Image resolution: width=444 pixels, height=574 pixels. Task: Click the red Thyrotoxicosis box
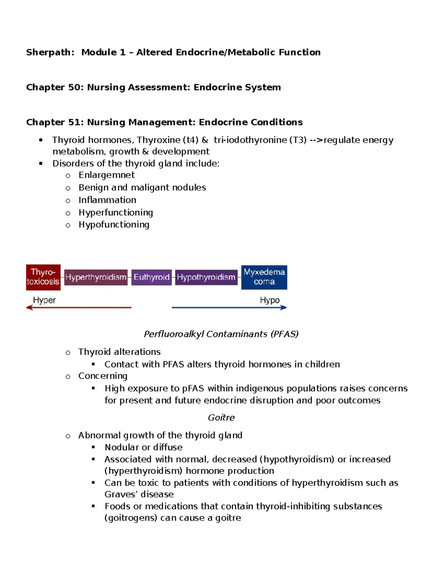[x=43, y=277]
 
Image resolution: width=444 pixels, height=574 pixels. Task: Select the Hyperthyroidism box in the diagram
[x=96, y=277]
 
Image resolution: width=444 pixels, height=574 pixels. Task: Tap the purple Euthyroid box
[x=151, y=277]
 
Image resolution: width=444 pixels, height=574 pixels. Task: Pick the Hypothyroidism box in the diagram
[x=206, y=277]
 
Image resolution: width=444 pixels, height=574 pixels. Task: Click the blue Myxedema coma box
[x=264, y=277]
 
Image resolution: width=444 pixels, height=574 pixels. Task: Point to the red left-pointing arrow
[x=78, y=308]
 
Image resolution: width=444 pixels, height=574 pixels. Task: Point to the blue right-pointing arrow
[x=229, y=308]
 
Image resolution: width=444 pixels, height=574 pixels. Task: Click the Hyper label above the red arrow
[x=44, y=300]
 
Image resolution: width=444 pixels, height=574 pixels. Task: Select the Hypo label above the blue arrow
[x=269, y=300]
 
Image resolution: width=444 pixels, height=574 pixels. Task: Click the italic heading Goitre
[x=221, y=418]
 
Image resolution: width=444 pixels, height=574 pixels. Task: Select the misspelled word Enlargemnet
[x=107, y=175]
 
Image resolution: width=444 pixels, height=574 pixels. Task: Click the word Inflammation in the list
[x=107, y=200]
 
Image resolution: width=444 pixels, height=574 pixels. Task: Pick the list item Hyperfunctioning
[x=115, y=213]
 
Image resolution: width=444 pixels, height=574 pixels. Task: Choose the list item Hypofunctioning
[x=114, y=225]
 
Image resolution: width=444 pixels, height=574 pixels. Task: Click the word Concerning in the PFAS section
[x=103, y=376]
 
